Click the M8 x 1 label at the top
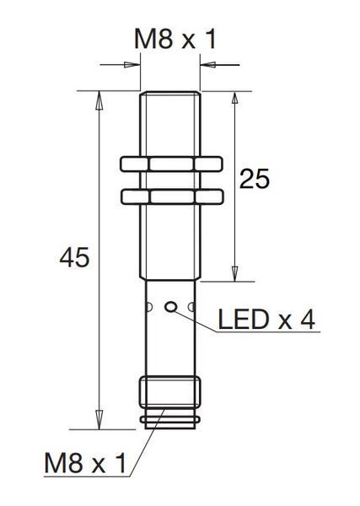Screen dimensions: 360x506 point(175,40)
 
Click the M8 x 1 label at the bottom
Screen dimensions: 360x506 point(85,463)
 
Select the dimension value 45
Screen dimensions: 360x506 point(74,257)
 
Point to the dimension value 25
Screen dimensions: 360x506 point(255,179)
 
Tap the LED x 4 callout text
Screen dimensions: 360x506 point(266,320)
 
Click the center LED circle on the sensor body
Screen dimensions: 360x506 point(170,307)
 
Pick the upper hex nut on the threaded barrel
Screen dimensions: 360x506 point(171,164)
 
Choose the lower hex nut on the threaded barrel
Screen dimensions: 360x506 point(172,196)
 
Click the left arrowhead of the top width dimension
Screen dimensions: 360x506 point(132,65)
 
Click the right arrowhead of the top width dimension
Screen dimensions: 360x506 point(208,65)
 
